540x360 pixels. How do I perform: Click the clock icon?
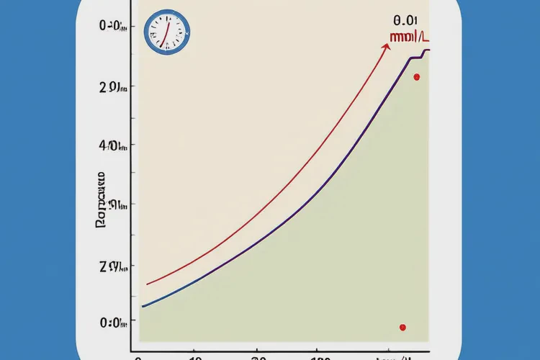(x=166, y=32)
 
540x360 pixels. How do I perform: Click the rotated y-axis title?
(x=101, y=200)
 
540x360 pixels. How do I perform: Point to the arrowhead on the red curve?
(x=387, y=47)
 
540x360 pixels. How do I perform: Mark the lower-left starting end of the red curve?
(x=147, y=284)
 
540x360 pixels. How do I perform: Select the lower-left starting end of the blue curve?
(x=142, y=307)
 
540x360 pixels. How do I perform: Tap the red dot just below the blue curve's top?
(x=416, y=76)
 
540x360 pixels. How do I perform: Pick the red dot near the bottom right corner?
(x=402, y=328)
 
